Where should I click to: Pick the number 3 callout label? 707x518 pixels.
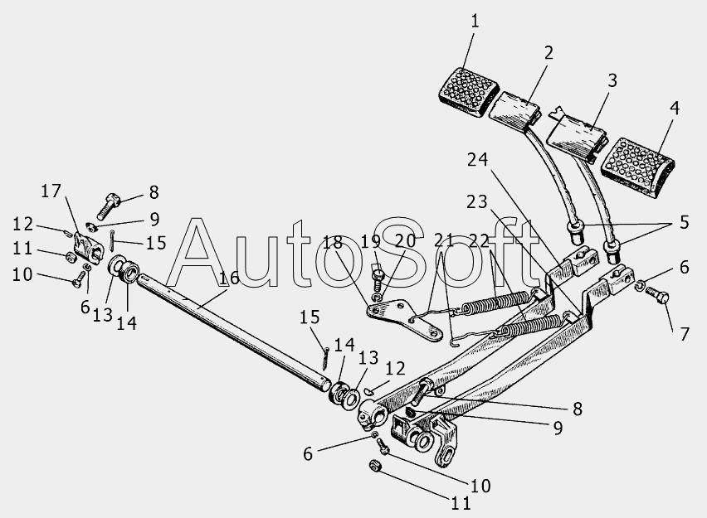coord(612,81)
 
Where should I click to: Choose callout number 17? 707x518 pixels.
coord(51,191)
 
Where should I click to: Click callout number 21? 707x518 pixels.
coord(444,242)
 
